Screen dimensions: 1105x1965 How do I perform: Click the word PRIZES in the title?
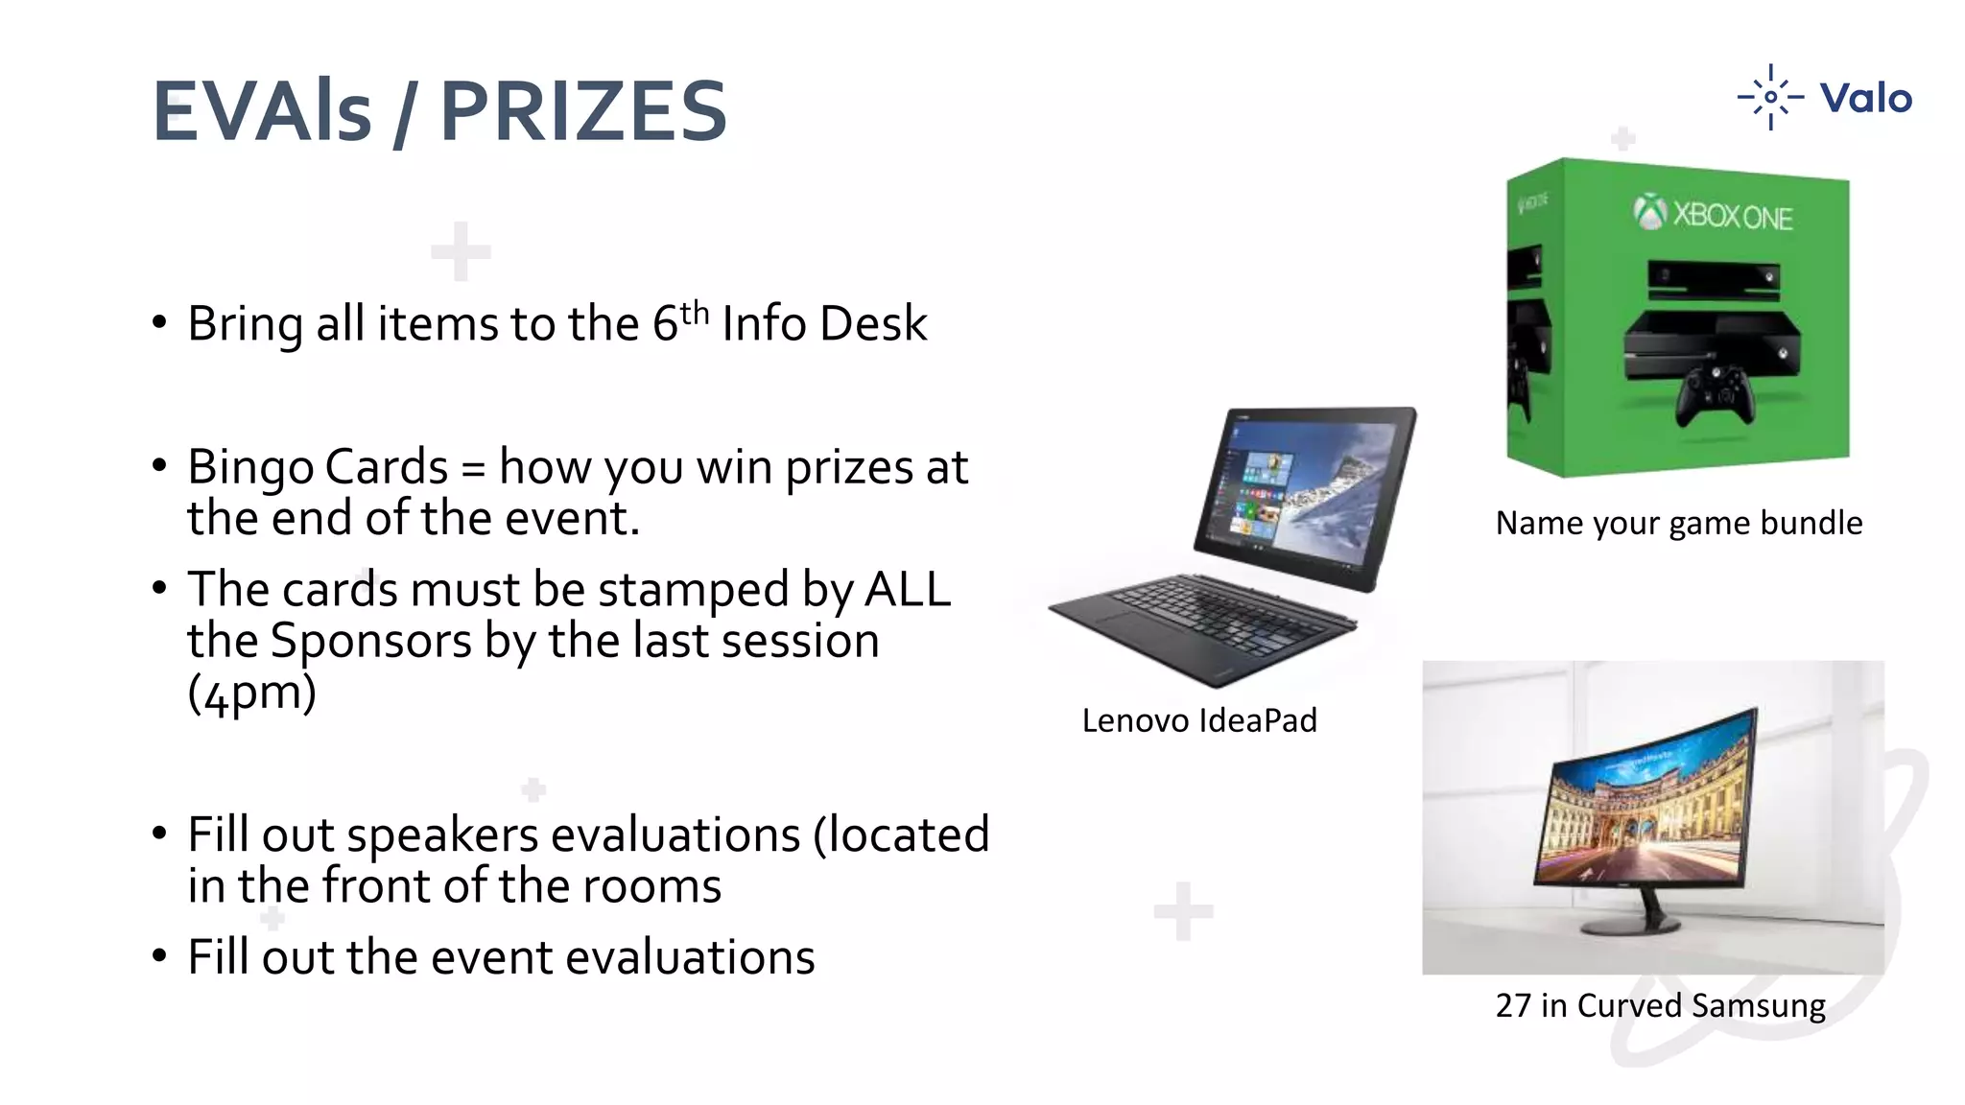pos(583,111)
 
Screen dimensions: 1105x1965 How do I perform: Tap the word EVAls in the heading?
pos(262,111)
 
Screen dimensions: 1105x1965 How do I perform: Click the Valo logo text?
pos(1865,98)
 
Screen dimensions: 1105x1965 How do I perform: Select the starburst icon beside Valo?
pos(1770,97)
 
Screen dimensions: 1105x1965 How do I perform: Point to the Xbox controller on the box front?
pos(1716,394)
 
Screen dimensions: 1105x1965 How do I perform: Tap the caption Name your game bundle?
pos(1678,523)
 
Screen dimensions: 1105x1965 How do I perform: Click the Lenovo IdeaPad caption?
pos(1199,720)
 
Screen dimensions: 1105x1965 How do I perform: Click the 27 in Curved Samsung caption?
pos(1660,1005)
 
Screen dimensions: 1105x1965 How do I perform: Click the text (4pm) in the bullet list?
pos(251,693)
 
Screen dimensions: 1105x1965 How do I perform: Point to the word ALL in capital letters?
pos(907,589)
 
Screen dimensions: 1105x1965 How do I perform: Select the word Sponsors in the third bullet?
pos(370,641)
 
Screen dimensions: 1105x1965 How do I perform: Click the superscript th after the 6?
pos(695,313)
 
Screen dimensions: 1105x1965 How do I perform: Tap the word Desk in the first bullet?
pos(873,323)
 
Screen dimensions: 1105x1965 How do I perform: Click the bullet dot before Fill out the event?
pos(159,956)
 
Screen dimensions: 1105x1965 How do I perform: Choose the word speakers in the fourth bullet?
pos(442,835)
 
